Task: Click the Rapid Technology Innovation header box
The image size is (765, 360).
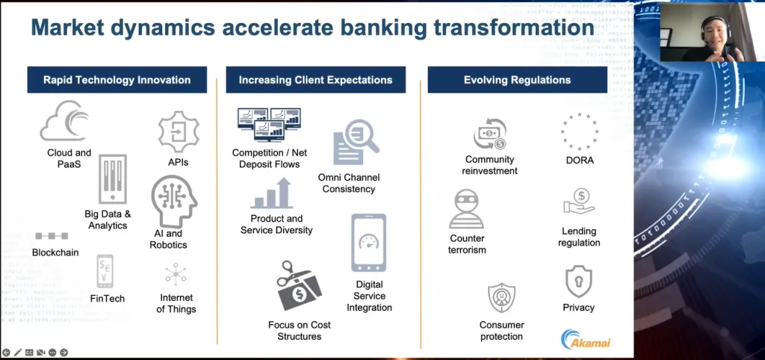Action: [117, 79]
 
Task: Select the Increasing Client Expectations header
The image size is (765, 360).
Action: [316, 79]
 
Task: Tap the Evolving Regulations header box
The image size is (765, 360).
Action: [517, 79]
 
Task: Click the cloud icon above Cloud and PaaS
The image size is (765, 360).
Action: [64, 121]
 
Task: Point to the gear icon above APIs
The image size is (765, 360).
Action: [179, 131]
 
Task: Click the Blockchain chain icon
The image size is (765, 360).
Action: [52, 236]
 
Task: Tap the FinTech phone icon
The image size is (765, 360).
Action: [105, 271]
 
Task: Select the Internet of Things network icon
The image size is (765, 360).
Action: [176, 274]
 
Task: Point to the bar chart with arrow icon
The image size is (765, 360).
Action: [272, 193]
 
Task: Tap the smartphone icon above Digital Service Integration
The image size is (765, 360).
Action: [369, 243]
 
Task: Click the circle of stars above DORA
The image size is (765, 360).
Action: [580, 131]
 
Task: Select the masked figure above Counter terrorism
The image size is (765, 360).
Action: [466, 209]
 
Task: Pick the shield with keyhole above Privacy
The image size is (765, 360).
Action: [579, 282]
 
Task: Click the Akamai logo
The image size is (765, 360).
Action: [586, 340]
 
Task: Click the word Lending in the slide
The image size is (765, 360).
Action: [579, 231]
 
